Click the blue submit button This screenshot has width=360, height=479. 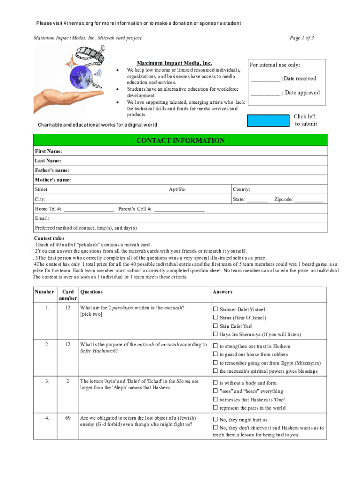click(268, 120)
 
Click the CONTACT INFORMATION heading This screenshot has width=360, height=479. click(180, 141)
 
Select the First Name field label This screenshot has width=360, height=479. click(49, 152)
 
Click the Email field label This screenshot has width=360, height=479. click(42, 218)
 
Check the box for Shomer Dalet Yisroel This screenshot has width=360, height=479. click(216, 309)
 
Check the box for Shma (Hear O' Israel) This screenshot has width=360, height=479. click(216, 318)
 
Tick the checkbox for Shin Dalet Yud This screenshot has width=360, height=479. click(216, 326)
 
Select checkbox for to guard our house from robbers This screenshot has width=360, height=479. click(216, 355)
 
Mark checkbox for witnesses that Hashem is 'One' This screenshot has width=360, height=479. click(216, 399)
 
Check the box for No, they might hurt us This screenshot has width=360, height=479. click(216, 420)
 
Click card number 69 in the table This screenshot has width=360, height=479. click(68, 418)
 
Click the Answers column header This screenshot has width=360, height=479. click(222, 292)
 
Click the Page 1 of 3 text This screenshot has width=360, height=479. click(302, 37)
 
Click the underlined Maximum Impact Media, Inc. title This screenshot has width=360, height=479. click(174, 63)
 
